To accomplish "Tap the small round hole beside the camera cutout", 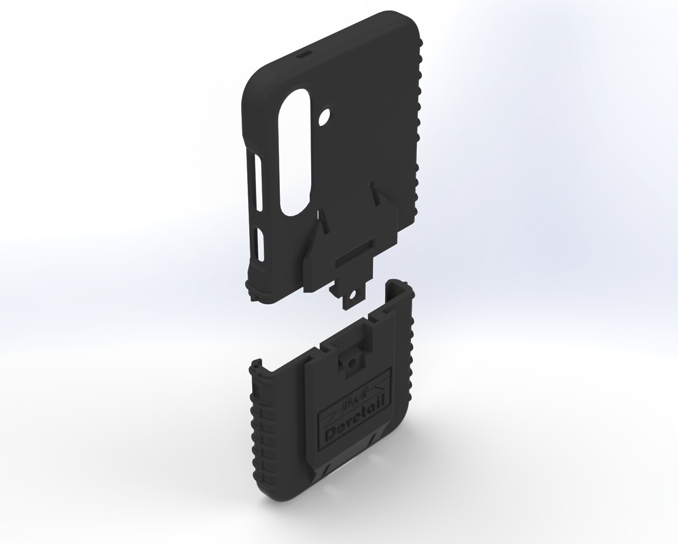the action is (324, 117).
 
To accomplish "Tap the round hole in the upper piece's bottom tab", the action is (353, 296).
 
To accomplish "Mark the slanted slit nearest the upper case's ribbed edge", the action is (375, 193).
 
